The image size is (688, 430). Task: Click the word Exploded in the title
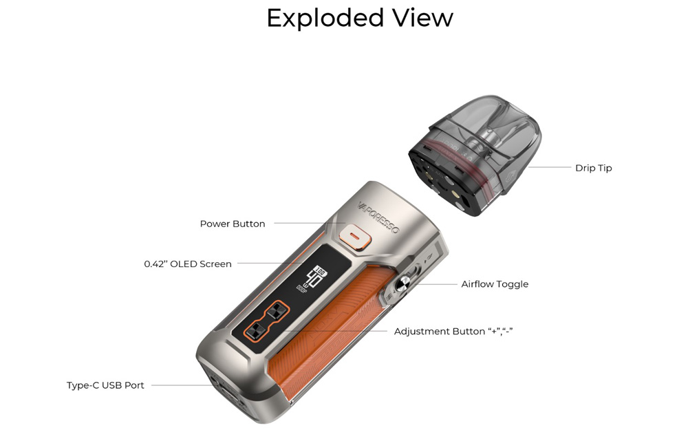click(x=325, y=19)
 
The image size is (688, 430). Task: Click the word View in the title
click(x=423, y=18)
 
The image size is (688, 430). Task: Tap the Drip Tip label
click(x=593, y=168)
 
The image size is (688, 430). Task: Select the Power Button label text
click(x=233, y=224)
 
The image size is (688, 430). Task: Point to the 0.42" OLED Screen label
click(x=188, y=264)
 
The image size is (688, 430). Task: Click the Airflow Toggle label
click(x=495, y=284)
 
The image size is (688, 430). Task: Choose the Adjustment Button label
click(x=453, y=332)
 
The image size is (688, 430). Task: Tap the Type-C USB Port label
click(x=105, y=385)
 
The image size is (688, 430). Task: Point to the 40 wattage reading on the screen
click(x=313, y=278)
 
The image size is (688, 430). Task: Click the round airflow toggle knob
click(x=402, y=284)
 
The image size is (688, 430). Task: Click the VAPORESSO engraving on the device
click(x=378, y=218)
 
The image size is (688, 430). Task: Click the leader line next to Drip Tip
click(x=550, y=167)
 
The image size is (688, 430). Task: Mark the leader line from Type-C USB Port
click(x=182, y=385)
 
